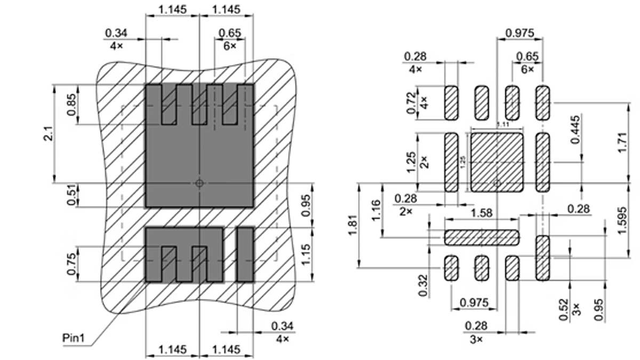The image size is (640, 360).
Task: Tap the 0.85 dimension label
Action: coord(71,105)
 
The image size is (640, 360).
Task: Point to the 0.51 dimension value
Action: coord(71,195)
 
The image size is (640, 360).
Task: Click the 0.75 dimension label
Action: coord(71,263)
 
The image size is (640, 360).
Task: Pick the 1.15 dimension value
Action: coord(306,255)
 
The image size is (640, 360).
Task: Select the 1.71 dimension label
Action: coord(622,143)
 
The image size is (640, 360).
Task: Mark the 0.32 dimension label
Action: coord(423,285)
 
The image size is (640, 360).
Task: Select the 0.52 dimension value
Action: coord(564,309)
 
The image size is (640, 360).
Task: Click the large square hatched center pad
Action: coord(497,162)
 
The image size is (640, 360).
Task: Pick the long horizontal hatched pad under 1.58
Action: coord(482,236)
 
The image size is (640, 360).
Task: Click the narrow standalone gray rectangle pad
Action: coord(245,254)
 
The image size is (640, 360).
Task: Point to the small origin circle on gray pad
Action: coord(199,183)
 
